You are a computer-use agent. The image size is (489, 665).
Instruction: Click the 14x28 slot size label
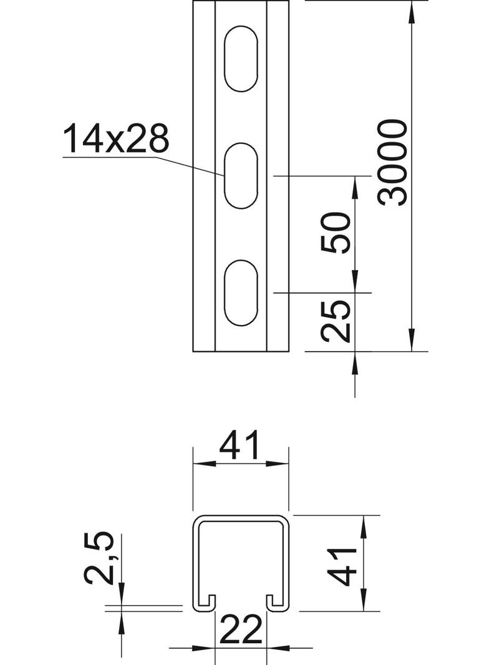116,139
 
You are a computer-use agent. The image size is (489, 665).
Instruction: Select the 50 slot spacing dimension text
336,232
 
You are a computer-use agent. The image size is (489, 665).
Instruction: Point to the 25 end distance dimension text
336,321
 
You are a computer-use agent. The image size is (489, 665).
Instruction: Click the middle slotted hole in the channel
241,176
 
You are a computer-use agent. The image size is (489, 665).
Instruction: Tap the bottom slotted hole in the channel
241,293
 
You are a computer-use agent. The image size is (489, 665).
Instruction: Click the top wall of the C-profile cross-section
241,517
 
